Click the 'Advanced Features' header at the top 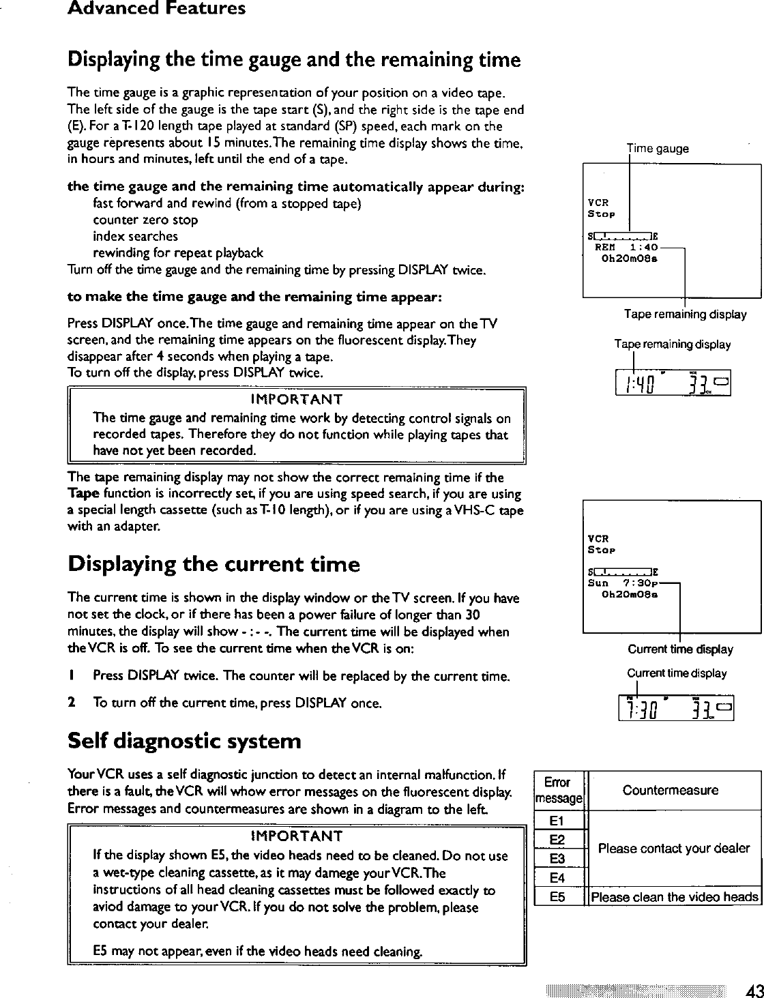156,10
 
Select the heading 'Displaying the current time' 213,565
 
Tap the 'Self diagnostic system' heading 183,741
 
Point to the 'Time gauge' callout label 658,149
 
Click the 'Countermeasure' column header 670,791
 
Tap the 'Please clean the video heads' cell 674,897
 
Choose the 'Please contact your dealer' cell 673,849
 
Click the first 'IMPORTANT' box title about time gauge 296,399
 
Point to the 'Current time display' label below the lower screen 680,649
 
